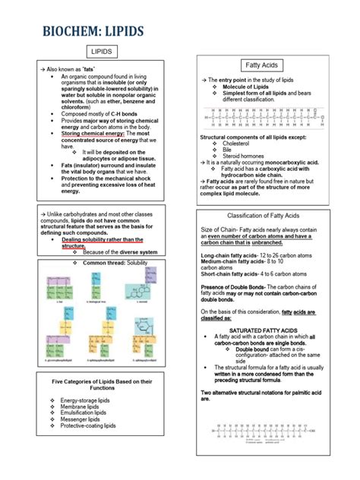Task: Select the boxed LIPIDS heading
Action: (x=102, y=51)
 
